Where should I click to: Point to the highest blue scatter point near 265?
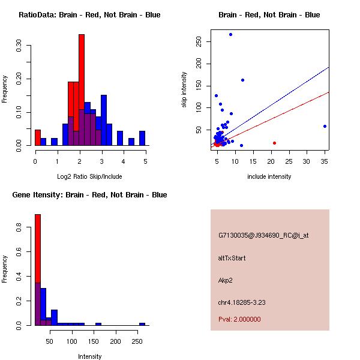click(x=230, y=34)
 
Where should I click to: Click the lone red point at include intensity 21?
click(x=274, y=143)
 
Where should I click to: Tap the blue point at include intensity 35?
click(x=325, y=126)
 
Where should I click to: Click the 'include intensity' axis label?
click(x=269, y=176)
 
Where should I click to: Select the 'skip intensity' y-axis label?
click(x=184, y=90)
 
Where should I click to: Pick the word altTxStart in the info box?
click(x=232, y=258)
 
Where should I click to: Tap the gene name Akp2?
click(x=226, y=280)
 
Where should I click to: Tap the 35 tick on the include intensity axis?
click(x=325, y=161)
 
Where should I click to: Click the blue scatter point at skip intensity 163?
click(x=242, y=80)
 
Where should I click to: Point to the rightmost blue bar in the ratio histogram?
click(x=142, y=138)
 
